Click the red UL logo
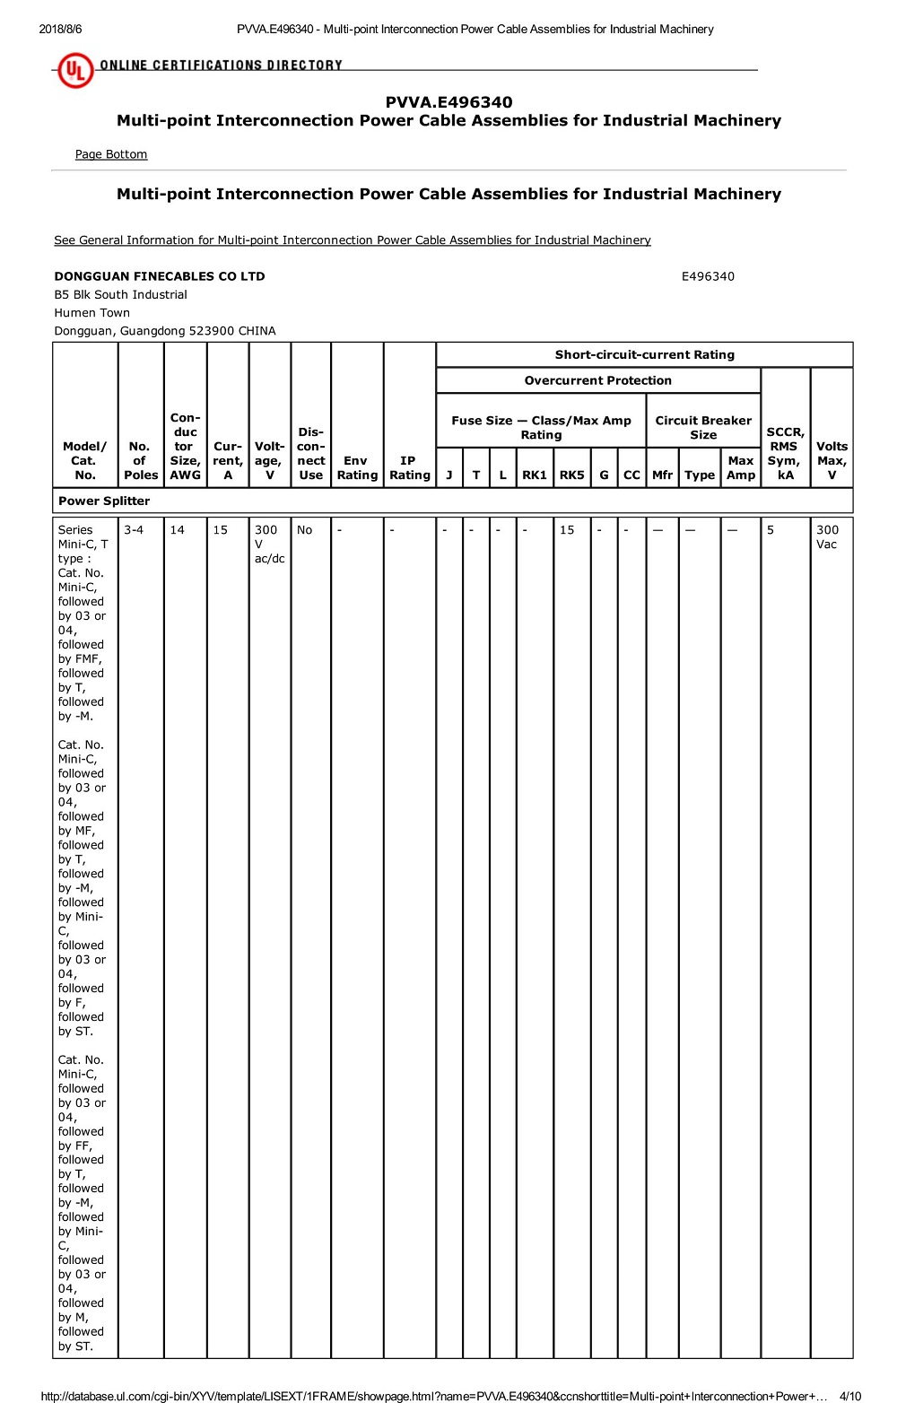click(x=74, y=70)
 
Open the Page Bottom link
click(x=111, y=154)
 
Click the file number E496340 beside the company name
click(x=708, y=276)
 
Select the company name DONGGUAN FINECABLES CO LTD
click(x=160, y=276)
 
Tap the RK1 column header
click(x=535, y=475)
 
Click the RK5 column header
click(x=571, y=475)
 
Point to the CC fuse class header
click(x=631, y=475)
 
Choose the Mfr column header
click(x=662, y=475)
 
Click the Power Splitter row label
click(x=104, y=501)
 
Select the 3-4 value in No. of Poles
click(x=134, y=530)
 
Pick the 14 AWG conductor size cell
click(x=178, y=530)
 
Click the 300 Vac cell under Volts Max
click(x=827, y=537)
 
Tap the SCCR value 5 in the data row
click(x=771, y=530)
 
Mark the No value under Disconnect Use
click(x=305, y=530)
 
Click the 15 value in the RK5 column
click(x=567, y=530)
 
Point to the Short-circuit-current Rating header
click(x=644, y=354)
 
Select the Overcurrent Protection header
click(x=597, y=380)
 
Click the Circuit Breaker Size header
click(x=703, y=428)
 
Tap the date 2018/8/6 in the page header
click(x=60, y=29)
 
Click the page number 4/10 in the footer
click(x=849, y=1396)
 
